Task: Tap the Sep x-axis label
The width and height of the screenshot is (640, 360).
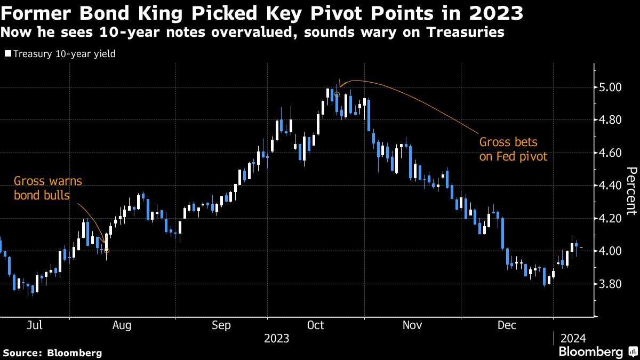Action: [221, 325]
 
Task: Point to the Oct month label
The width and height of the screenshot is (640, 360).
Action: [317, 325]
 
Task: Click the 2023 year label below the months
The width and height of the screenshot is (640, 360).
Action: [276, 338]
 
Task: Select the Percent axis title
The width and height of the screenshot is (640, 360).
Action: [631, 190]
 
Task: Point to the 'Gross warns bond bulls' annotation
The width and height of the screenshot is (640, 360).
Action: [47, 188]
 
